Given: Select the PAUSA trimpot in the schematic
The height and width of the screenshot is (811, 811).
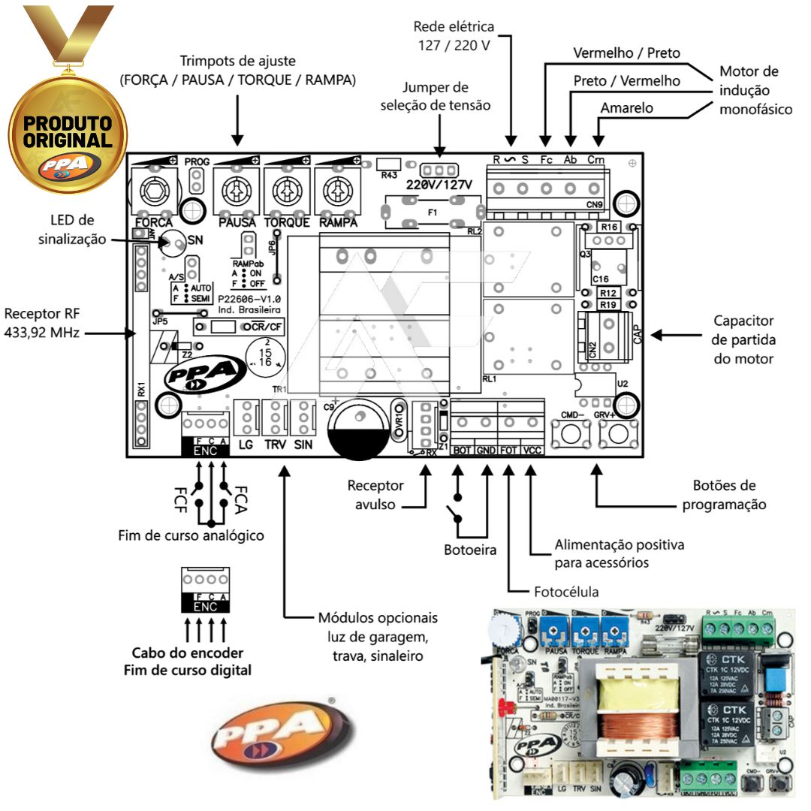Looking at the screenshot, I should click(236, 191).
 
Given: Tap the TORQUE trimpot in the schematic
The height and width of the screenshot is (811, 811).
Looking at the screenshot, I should click(286, 191).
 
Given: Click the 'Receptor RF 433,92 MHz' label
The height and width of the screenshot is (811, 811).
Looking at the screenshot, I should click(41, 321).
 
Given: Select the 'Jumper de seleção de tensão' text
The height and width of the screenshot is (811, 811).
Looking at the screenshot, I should click(446, 96).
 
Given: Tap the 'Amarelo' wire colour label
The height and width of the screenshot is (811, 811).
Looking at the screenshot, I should click(627, 108).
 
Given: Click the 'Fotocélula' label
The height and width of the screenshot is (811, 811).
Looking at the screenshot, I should click(566, 592).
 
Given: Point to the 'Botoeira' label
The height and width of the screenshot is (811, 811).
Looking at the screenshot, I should click(470, 550).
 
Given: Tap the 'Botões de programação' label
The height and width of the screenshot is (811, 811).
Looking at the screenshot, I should click(724, 495).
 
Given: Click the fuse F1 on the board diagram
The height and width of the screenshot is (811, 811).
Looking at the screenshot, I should click(432, 213).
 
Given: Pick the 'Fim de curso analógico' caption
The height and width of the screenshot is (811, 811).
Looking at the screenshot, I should click(191, 535).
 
